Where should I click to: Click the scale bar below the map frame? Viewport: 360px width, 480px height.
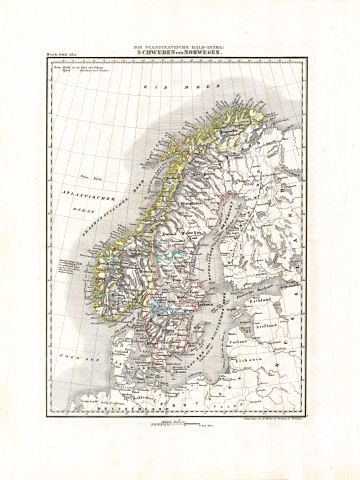(172, 425)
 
